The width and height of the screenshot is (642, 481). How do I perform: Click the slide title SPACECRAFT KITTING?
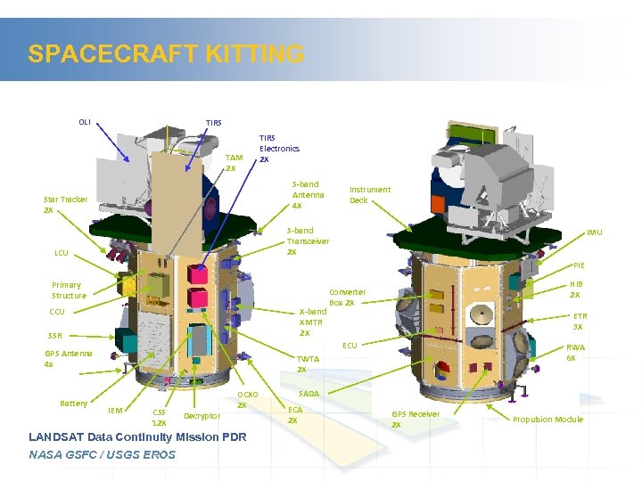[166, 54]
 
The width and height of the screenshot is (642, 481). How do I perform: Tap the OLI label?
[84, 122]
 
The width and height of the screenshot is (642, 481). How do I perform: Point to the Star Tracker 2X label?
[65, 205]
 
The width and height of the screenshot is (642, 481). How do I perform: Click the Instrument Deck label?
[369, 194]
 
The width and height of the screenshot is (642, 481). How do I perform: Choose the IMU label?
[594, 232]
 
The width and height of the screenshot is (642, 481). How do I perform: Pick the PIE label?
[579, 265]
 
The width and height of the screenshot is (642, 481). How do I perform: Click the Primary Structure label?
[69, 290]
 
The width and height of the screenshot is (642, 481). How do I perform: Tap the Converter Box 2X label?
[347, 298]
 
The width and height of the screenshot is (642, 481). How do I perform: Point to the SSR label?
[55, 336]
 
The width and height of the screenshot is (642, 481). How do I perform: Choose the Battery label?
[73, 404]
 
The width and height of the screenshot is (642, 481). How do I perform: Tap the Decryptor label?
[202, 416]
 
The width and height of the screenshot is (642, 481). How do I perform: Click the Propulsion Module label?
[547, 420]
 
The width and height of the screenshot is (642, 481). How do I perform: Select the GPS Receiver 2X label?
[416, 419]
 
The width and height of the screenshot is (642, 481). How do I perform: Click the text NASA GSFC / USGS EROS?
[102, 455]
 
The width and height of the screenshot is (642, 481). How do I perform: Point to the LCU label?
[61, 253]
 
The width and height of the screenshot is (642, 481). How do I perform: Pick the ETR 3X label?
[580, 321]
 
